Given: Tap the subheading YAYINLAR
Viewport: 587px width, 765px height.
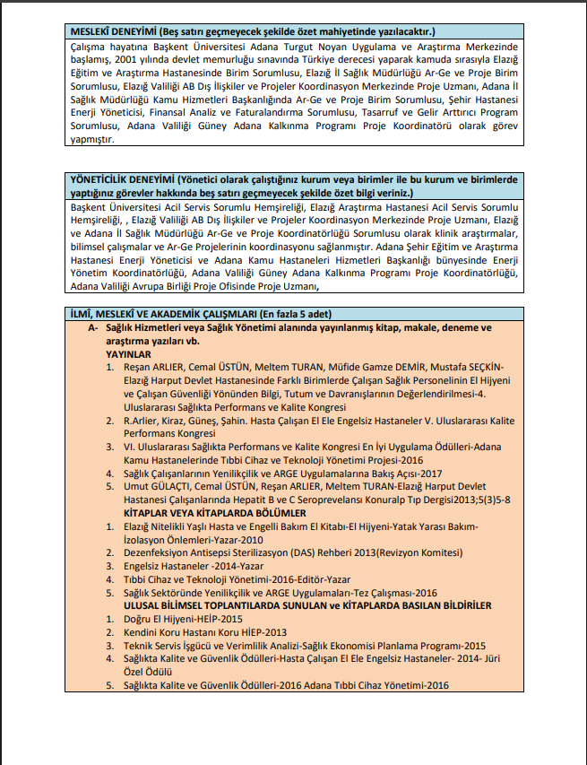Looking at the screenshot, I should tap(133, 354).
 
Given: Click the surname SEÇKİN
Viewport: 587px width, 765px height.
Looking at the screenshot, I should tap(482, 367).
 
